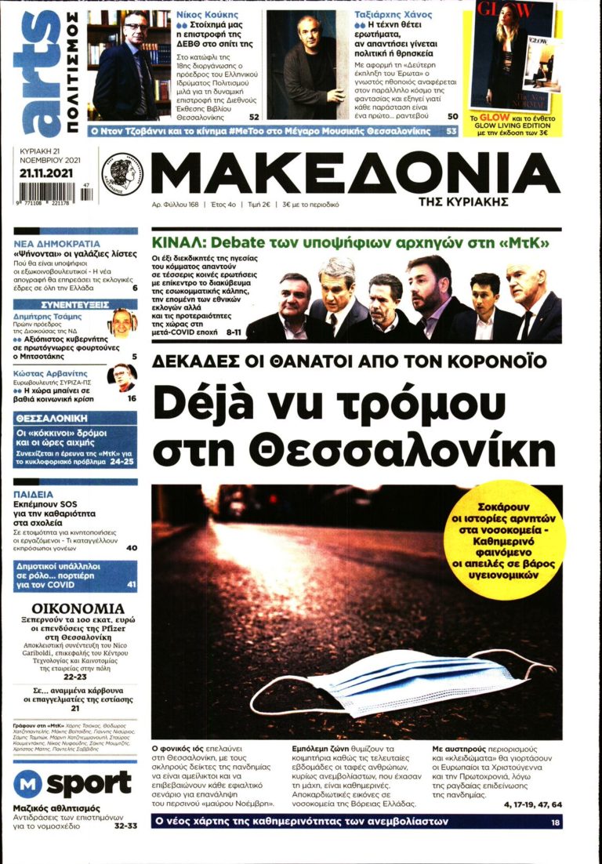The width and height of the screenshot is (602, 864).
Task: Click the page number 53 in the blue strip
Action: pos(451,131)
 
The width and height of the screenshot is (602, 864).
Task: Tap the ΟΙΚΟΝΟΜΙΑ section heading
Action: pos(78,608)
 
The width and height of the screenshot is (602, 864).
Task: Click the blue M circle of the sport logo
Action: pos(27,784)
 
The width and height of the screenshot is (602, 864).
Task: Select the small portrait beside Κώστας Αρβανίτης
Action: pos(121,377)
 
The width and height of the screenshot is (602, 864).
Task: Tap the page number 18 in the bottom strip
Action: pos(555,822)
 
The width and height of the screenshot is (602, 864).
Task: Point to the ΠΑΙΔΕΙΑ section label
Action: pos(34,495)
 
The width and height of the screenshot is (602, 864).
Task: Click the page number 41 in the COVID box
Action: pos(131,584)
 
